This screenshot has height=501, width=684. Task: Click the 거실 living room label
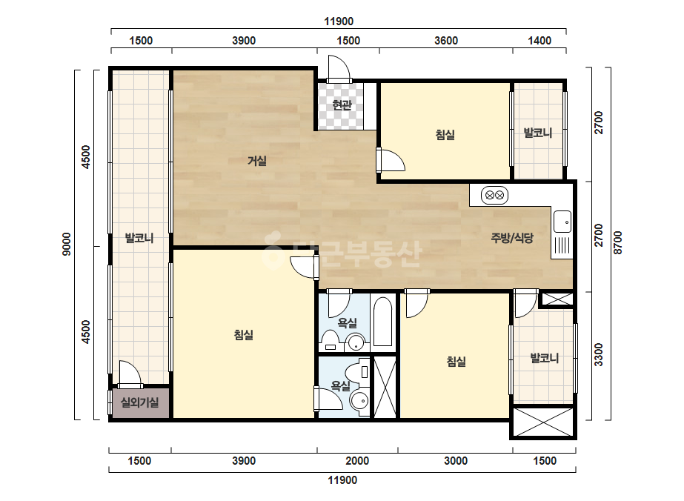point(257,161)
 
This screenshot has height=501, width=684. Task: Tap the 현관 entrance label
point(342,104)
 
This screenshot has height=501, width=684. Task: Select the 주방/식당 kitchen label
point(512,238)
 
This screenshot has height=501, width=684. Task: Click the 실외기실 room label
point(139,402)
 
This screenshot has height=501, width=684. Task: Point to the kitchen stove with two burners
point(495,195)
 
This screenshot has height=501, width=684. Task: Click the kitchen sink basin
point(562,222)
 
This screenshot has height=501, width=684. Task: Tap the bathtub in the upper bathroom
point(382,322)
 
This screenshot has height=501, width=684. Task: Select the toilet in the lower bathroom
point(358,372)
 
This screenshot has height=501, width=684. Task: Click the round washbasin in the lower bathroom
point(359,400)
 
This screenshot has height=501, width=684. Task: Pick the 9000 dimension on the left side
point(66,245)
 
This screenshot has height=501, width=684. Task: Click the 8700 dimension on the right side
point(618,243)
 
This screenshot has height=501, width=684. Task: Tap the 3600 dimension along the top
point(446,41)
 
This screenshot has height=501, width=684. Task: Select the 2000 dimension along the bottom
point(357,461)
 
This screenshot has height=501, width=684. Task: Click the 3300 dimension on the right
point(599,355)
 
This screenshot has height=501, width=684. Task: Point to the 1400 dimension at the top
point(539,41)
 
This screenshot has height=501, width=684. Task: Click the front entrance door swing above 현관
point(339,68)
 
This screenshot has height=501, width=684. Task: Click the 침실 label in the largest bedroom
point(243,335)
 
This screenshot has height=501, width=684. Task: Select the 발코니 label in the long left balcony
point(139,239)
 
